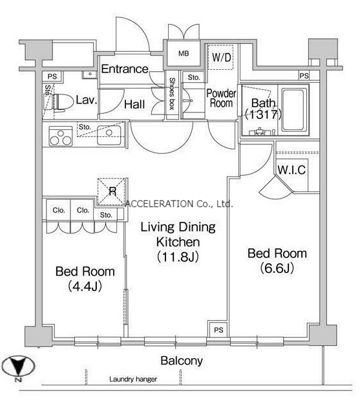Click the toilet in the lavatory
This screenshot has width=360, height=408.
click(x=59, y=103)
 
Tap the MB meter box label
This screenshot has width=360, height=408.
click(x=184, y=54)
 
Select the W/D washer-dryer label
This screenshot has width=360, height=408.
click(x=221, y=58)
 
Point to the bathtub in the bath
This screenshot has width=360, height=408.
click(x=293, y=109)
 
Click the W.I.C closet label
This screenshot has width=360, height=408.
click(x=291, y=170)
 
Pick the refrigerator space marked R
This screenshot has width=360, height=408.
click(x=112, y=191)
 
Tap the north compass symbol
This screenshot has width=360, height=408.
click(x=18, y=367)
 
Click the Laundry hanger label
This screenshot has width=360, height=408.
click(x=133, y=379)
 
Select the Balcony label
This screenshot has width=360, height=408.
click(x=182, y=361)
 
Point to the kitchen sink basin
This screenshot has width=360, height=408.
click(x=109, y=135)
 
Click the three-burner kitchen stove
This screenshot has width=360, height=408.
click(x=61, y=136)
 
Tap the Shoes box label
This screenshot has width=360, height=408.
click(x=172, y=94)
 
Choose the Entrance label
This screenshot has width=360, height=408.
click(x=125, y=69)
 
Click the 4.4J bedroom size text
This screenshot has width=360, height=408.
click(x=85, y=286)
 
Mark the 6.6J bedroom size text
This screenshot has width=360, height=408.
click(x=277, y=268)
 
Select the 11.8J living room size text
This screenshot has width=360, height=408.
click(x=178, y=257)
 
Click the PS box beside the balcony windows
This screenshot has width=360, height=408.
click(x=218, y=330)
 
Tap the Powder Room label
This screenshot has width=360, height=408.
click(x=221, y=98)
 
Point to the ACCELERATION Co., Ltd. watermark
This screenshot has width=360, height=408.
click(x=179, y=204)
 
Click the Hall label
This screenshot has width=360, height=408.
click(x=134, y=104)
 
